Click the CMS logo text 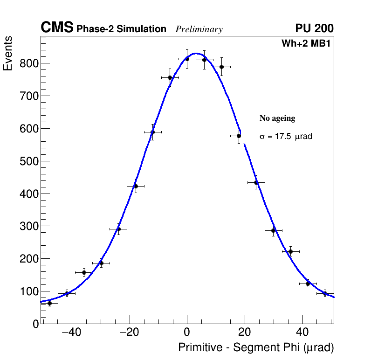57,28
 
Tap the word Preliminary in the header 199,29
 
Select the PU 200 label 314,28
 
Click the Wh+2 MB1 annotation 306,44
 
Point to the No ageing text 277,118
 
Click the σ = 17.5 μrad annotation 286,137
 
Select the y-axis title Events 8,54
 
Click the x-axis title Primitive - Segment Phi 256,348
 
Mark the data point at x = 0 187,59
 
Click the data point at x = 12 222,67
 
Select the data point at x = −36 84,272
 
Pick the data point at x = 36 290,251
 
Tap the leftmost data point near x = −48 49,303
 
